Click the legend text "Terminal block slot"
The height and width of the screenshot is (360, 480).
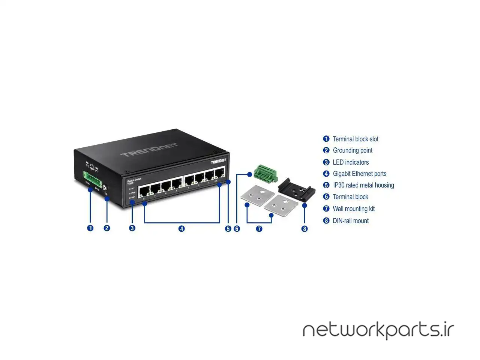pyautogui.click(x=355, y=139)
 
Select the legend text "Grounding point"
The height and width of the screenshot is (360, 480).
pyautogui.click(x=352, y=150)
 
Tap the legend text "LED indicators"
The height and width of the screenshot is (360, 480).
pyautogui.click(x=351, y=162)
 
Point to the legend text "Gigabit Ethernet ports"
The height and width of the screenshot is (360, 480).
pyautogui.click(x=359, y=174)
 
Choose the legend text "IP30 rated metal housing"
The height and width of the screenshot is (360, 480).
pyautogui.click(x=363, y=185)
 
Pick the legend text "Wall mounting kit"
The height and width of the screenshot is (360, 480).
pyautogui.click(x=354, y=209)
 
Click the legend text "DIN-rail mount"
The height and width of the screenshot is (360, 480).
pyautogui.click(x=351, y=221)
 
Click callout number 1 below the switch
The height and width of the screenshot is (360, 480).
pyautogui.click(x=90, y=228)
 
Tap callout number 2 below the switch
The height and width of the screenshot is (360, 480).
pyautogui.click(x=107, y=228)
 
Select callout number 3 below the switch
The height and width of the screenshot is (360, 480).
pyautogui.click(x=132, y=228)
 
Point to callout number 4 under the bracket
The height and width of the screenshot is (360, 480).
pyautogui.click(x=181, y=228)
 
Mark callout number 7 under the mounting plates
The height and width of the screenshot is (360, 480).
pyautogui.click(x=259, y=228)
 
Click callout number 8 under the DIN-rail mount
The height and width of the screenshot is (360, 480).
pyautogui.click(x=304, y=229)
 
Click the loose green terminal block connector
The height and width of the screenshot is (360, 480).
pyautogui.click(x=265, y=173)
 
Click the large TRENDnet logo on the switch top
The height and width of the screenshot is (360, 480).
pyautogui.click(x=149, y=150)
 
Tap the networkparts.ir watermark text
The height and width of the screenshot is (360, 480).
pyautogui.click(x=378, y=330)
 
